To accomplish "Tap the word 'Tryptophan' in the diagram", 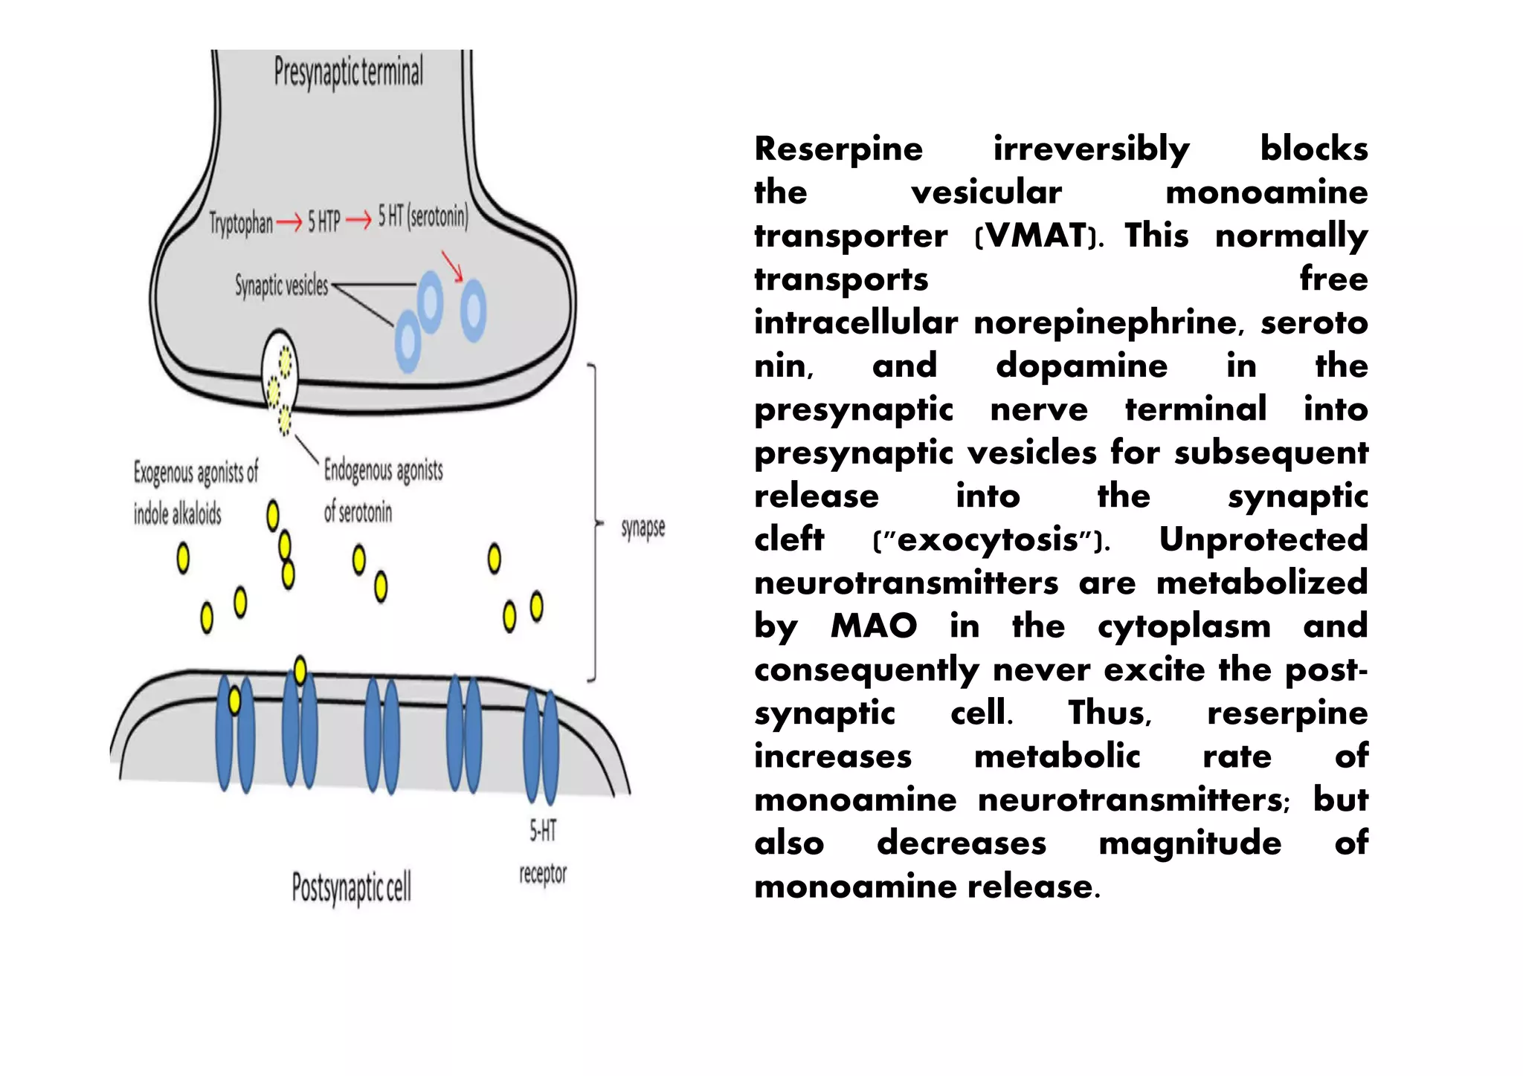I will [x=240, y=222].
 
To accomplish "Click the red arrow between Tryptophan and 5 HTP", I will [x=289, y=221].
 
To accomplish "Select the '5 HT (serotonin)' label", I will [x=423, y=216].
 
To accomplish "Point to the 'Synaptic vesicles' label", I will [x=281, y=285].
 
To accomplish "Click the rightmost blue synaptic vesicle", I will [x=473, y=310].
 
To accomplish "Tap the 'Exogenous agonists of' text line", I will [x=196, y=472].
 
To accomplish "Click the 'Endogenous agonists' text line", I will [x=383, y=470].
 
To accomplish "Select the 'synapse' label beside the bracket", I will [x=643, y=528].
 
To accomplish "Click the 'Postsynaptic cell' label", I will [x=351, y=887].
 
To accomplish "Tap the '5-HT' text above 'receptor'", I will [x=543, y=830].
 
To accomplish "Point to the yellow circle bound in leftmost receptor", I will [x=234, y=700].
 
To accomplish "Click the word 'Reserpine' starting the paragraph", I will [x=838, y=149].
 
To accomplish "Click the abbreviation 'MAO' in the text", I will [x=874, y=626].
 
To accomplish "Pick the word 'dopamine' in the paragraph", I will [x=1081, y=366].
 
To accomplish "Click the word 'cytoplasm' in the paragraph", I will [x=1184, y=626].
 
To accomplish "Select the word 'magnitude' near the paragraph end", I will [x=1190, y=843].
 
